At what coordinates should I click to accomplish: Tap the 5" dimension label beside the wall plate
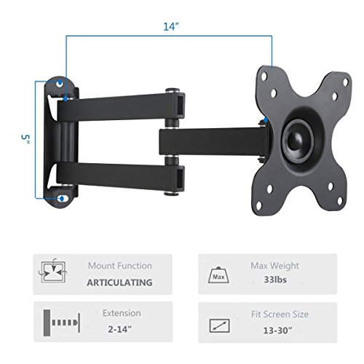(24, 138)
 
